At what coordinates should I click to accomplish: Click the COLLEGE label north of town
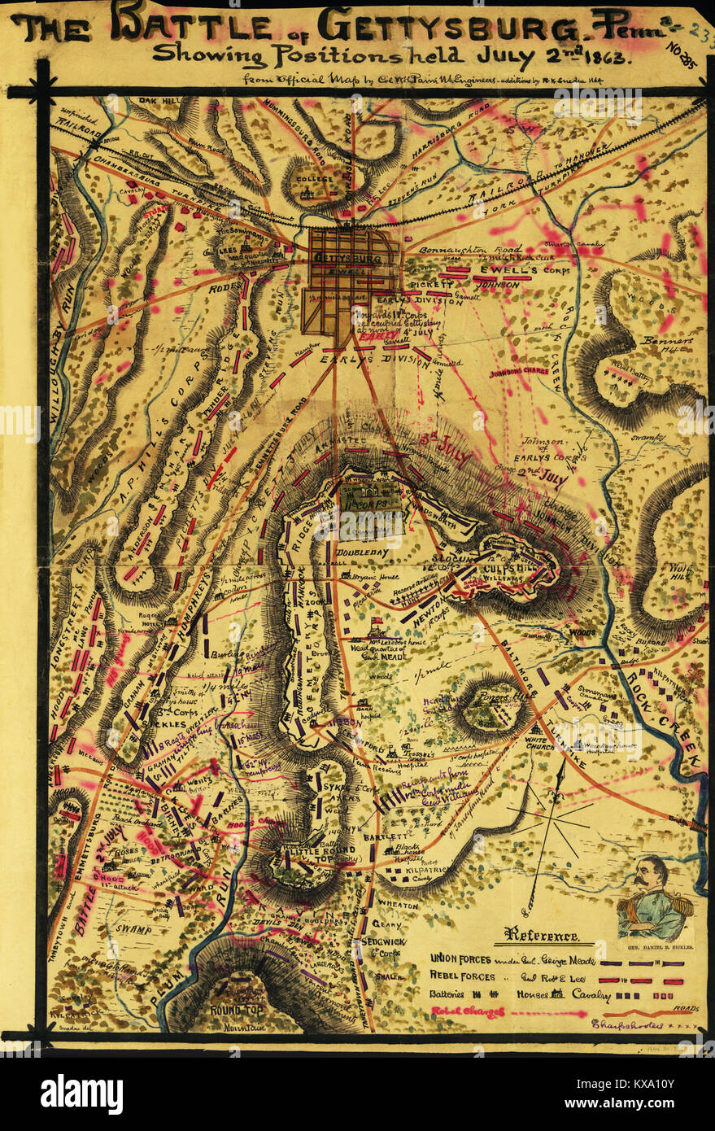313,178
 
